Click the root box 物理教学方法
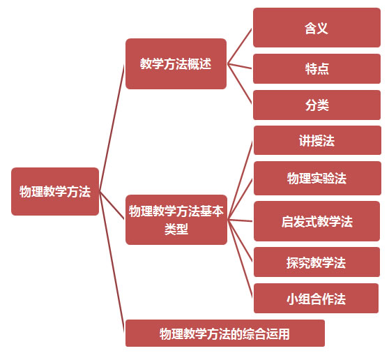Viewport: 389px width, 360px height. [55, 191]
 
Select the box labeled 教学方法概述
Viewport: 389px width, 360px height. [176, 63]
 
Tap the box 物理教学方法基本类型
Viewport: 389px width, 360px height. [176, 220]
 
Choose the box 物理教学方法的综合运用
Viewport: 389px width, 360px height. [225, 333]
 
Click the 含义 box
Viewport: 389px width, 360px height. [316, 28]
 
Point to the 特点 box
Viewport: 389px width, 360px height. [316, 69]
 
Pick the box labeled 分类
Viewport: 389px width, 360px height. [316, 105]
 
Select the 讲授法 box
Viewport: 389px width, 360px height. [317, 140]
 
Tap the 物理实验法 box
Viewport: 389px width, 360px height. [317, 179]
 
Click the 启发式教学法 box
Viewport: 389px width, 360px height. [316, 221]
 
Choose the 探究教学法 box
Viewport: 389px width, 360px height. [316, 262]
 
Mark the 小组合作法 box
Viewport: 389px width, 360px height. [316, 298]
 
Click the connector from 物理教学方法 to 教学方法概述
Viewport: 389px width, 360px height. [112, 128]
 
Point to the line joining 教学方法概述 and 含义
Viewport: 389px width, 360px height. [240, 47]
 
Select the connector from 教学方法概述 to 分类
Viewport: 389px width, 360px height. [240, 84]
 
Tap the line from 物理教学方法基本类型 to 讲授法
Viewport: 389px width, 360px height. [241, 180]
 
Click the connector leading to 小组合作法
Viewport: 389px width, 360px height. [241, 259]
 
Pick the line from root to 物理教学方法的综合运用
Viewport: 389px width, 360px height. [112, 262]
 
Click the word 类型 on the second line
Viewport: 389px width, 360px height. [176, 229]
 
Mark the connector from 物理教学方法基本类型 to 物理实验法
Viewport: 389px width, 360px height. [241, 200]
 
